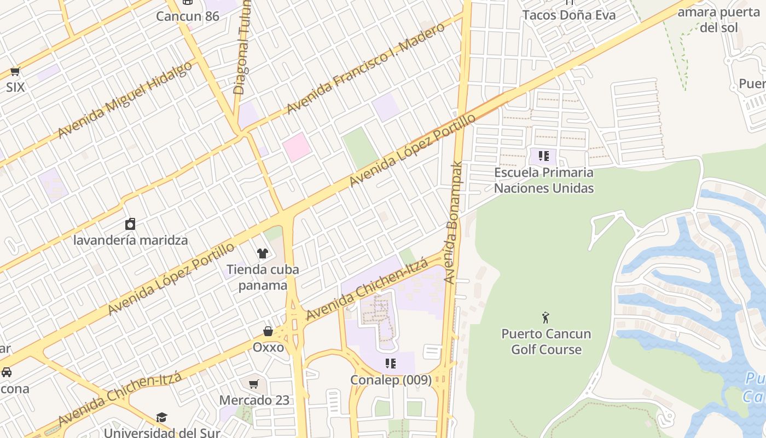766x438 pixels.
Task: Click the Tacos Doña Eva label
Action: click(x=569, y=15)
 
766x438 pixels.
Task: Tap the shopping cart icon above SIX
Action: click(x=15, y=71)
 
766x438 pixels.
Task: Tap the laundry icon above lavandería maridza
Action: click(x=130, y=223)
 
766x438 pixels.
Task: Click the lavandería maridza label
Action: click(x=130, y=240)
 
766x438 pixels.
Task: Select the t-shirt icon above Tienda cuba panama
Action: click(x=263, y=253)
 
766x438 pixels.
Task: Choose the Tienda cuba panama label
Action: click(x=263, y=277)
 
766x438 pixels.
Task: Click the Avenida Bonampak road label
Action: click(x=454, y=222)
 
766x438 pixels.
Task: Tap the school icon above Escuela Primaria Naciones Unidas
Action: click(x=543, y=156)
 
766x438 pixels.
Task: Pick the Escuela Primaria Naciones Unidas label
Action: click(x=543, y=180)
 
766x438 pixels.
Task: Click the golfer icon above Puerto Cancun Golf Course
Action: click(x=546, y=317)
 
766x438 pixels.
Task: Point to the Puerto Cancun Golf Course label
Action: click(x=546, y=341)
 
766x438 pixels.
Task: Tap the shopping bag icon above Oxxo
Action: click(x=268, y=331)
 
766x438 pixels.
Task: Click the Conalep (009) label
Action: click(x=391, y=379)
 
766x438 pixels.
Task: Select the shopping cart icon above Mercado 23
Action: click(x=253, y=384)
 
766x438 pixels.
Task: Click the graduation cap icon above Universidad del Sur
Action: click(x=161, y=417)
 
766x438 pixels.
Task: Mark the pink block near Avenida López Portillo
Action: click(x=297, y=146)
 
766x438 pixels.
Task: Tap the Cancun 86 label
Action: click(x=188, y=16)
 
